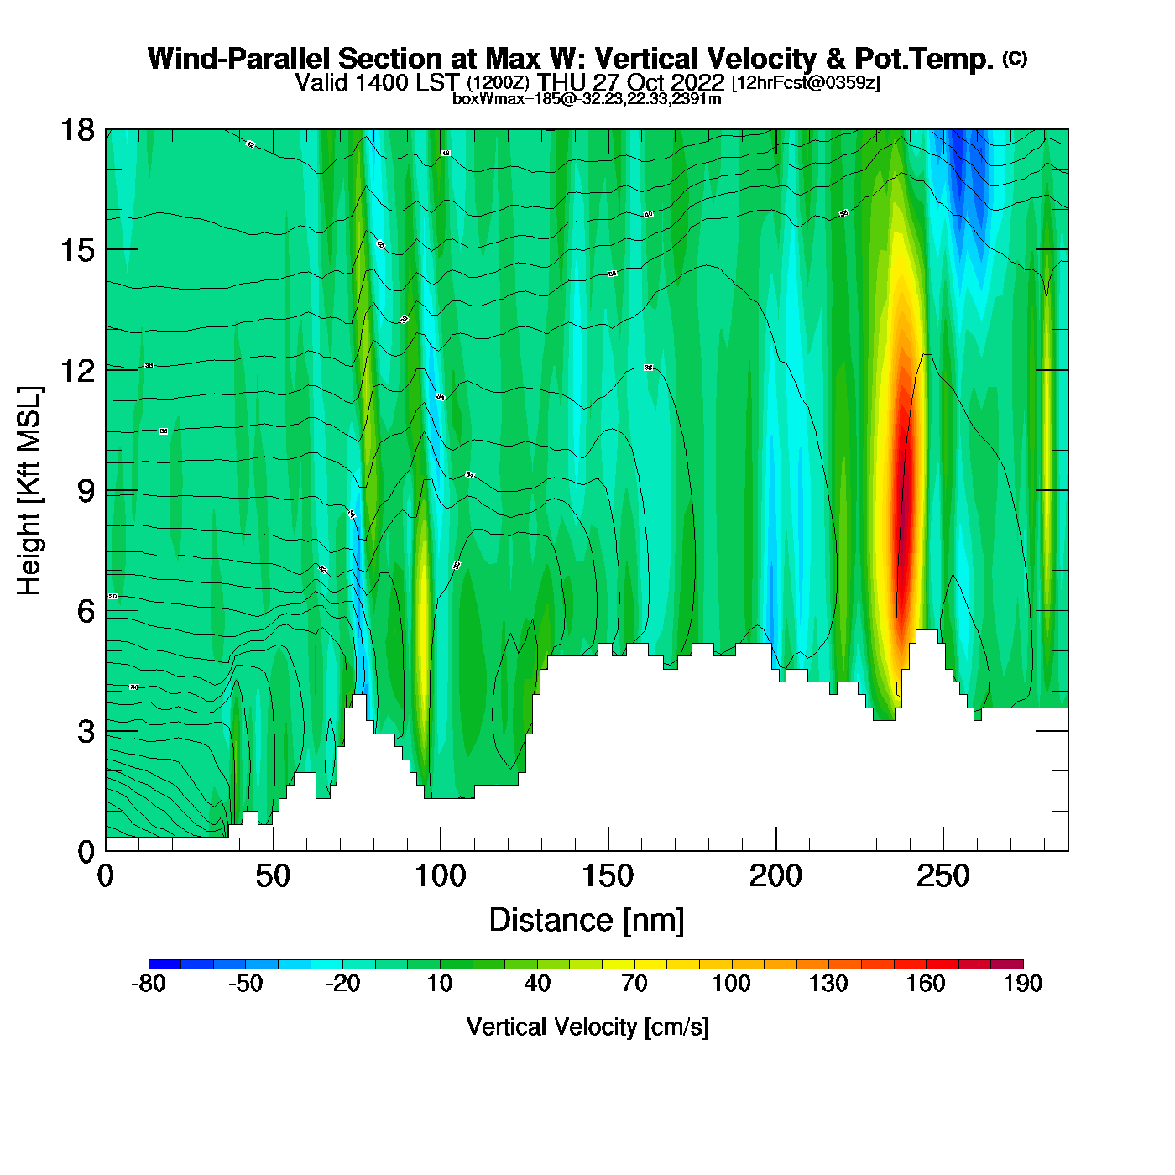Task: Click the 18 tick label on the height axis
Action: (77, 130)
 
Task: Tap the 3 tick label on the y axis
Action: (86, 732)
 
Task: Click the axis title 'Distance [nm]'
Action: (587, 921)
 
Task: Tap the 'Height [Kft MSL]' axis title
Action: (29, 491)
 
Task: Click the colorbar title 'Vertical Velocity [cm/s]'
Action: (587, 1026)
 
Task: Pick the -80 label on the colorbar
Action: (149, 984)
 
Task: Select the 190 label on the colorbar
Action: (1022, 984)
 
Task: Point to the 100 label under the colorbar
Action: (731, 984)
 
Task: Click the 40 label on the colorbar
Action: (537, 984)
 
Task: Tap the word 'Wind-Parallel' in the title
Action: (240, 59)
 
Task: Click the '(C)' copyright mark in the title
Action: (1014, 58)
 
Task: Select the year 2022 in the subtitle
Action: (698, 82)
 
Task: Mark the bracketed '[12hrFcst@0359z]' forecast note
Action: (806, 83)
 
